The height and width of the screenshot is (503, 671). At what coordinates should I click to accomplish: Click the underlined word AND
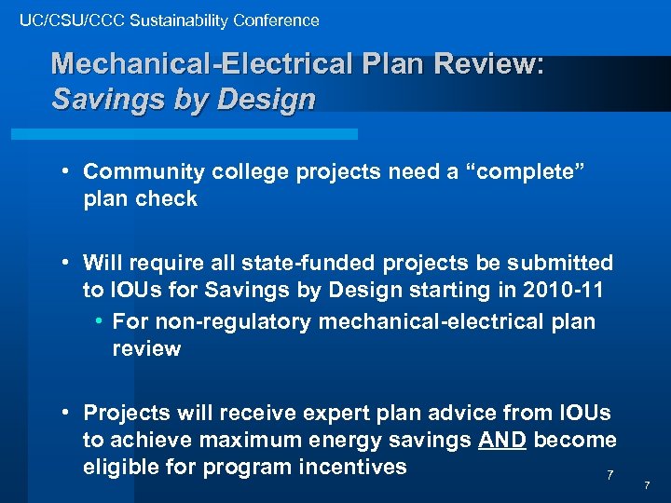503,440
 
